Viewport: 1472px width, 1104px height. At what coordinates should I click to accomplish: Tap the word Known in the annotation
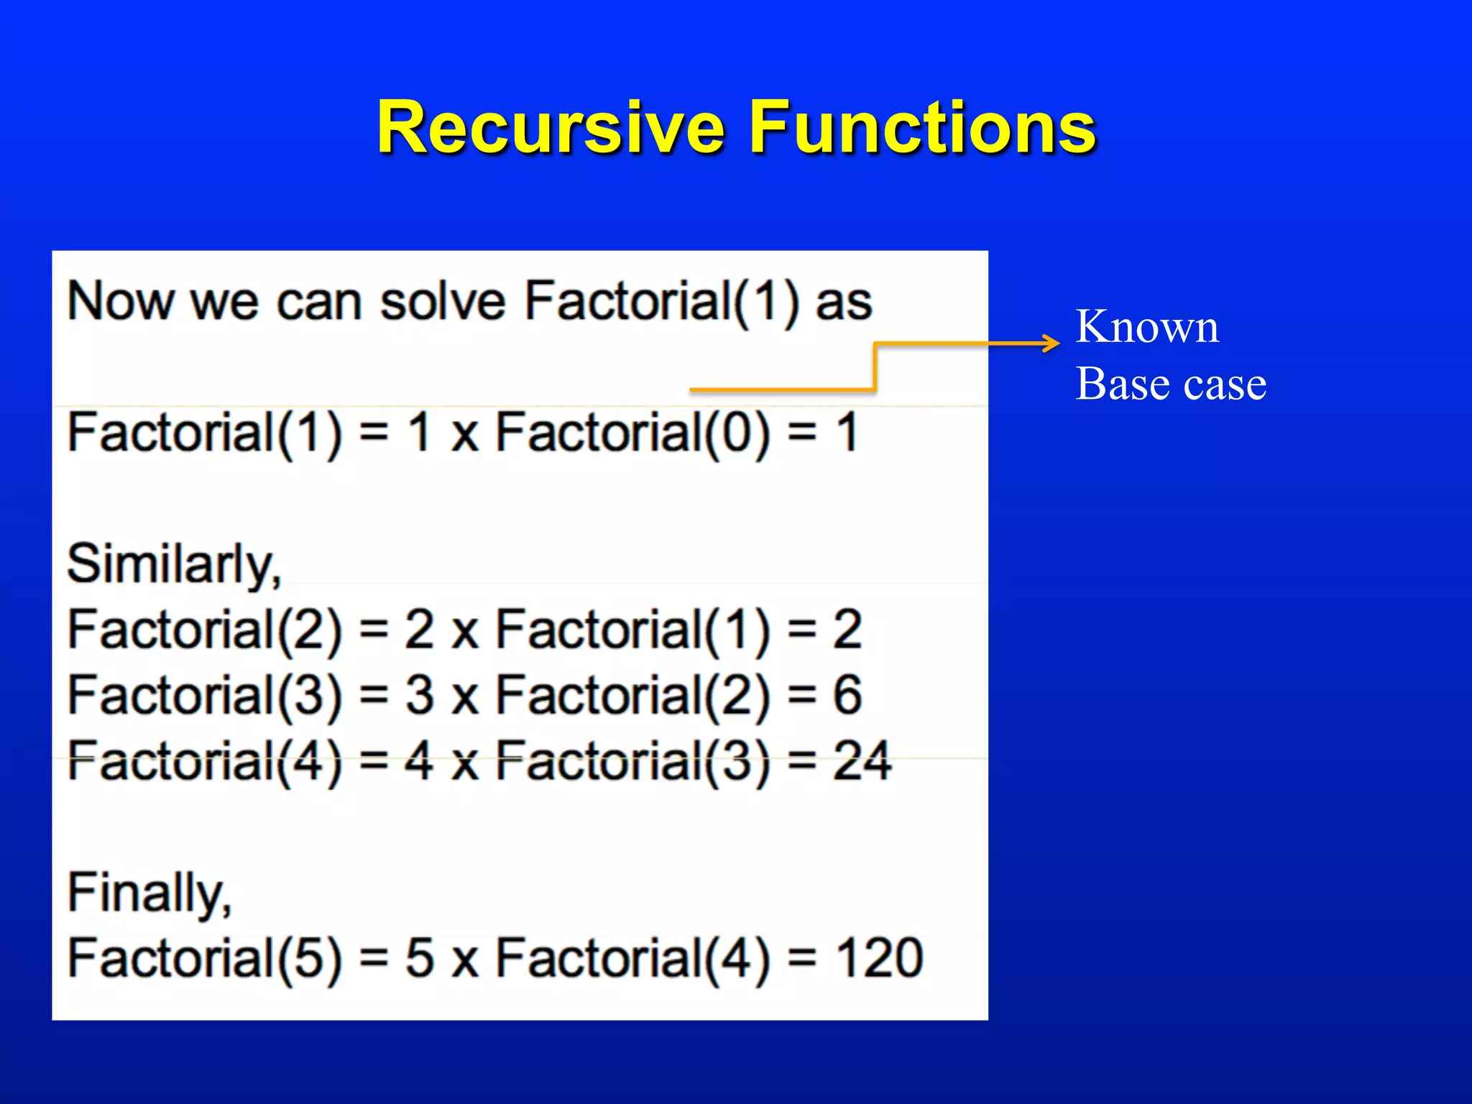1147,327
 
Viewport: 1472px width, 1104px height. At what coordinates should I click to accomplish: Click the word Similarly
173,564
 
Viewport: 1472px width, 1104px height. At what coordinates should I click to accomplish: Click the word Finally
149,893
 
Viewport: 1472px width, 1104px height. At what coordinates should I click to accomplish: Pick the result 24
862,760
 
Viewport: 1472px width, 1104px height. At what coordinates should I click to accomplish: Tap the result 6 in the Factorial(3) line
847,695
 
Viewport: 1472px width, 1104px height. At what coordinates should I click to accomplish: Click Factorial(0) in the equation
633,433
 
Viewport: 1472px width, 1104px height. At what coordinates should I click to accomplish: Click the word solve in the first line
443,301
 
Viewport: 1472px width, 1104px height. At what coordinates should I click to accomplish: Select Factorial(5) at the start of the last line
204,959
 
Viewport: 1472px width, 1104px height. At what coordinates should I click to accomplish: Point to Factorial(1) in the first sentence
661,301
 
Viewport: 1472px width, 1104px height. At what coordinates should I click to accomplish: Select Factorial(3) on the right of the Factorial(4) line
633,761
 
